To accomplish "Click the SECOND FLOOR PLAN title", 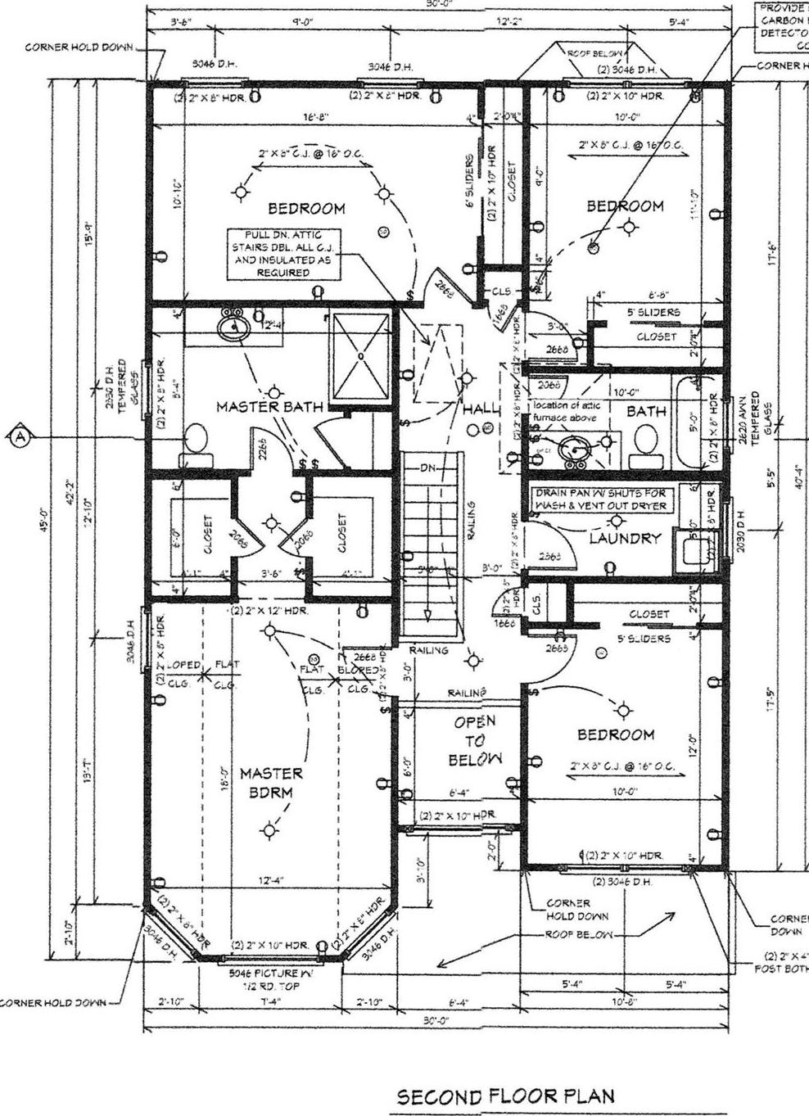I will pos(505,1096).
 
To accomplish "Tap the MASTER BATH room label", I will pos(269,406).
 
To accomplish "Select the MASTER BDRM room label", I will pos(271,783).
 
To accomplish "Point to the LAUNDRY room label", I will pos(625,538).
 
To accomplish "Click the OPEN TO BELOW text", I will pos(475,740).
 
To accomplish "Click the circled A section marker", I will pos(20,437).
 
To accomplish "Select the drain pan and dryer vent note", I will pos(600,499).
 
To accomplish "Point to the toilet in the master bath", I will pos(196,439).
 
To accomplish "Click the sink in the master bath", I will pos(234,328).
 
